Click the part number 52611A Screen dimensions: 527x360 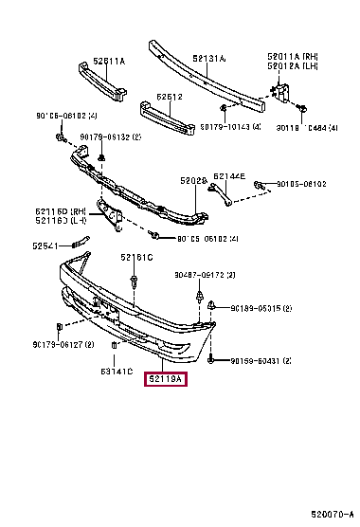tap(107, 61)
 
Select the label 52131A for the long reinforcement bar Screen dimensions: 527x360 tap(209, 59)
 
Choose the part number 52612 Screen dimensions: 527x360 tap(170, 97)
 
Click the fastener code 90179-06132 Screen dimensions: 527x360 tap(110, 136)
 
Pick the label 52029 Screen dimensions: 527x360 tap(193, 180)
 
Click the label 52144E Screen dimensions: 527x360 tap(228, 176)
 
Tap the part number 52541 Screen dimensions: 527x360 tap(45, 245)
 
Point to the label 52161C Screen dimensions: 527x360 tap(135, 258)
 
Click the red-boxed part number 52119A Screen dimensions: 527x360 tap(167, 381)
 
